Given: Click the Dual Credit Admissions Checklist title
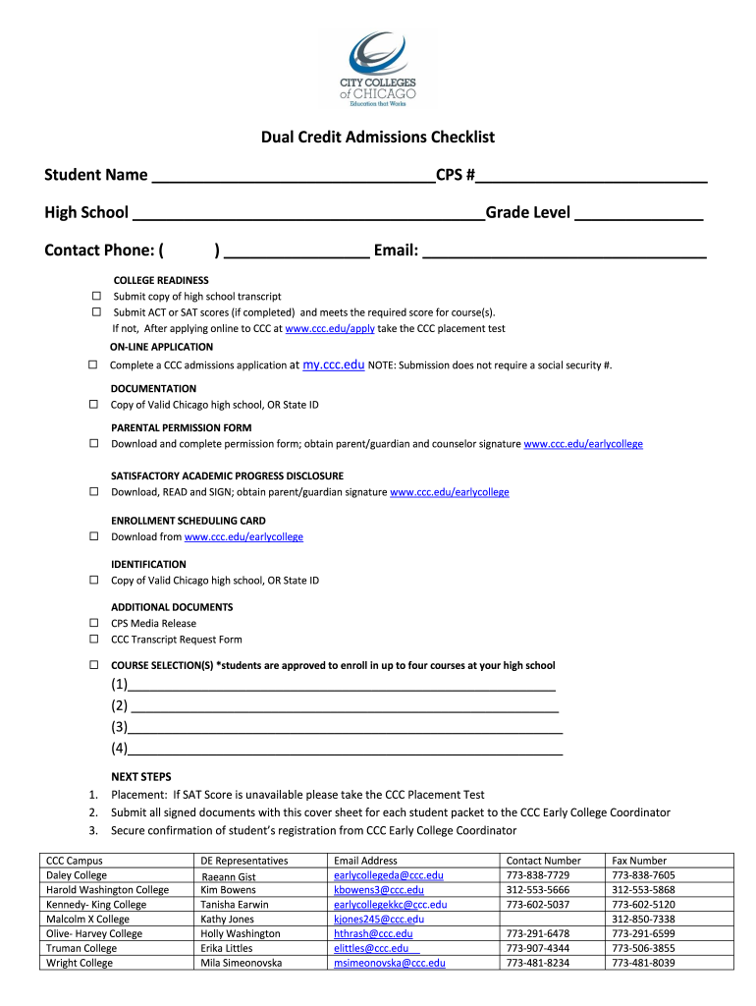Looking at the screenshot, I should pyautogui.click(x=377, y=138).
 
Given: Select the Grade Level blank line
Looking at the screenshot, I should pyautogui.click(x=638, y=214).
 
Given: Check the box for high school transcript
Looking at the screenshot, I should pyautogui.click(x=96, y=296).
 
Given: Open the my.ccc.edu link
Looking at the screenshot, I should pyautogui.click(x=334, y=364).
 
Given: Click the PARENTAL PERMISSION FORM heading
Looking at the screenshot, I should pyautogui.click(x=181, y=428).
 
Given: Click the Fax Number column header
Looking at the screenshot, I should pyautogui.click(x=639, y=861).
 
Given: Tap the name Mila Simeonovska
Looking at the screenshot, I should pyautogui.click(x=241, y=964).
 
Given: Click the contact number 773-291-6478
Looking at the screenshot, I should pyautogui.click(x=537, y=934).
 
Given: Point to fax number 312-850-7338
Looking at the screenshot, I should pyautogui.click(x=642, y=920).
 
